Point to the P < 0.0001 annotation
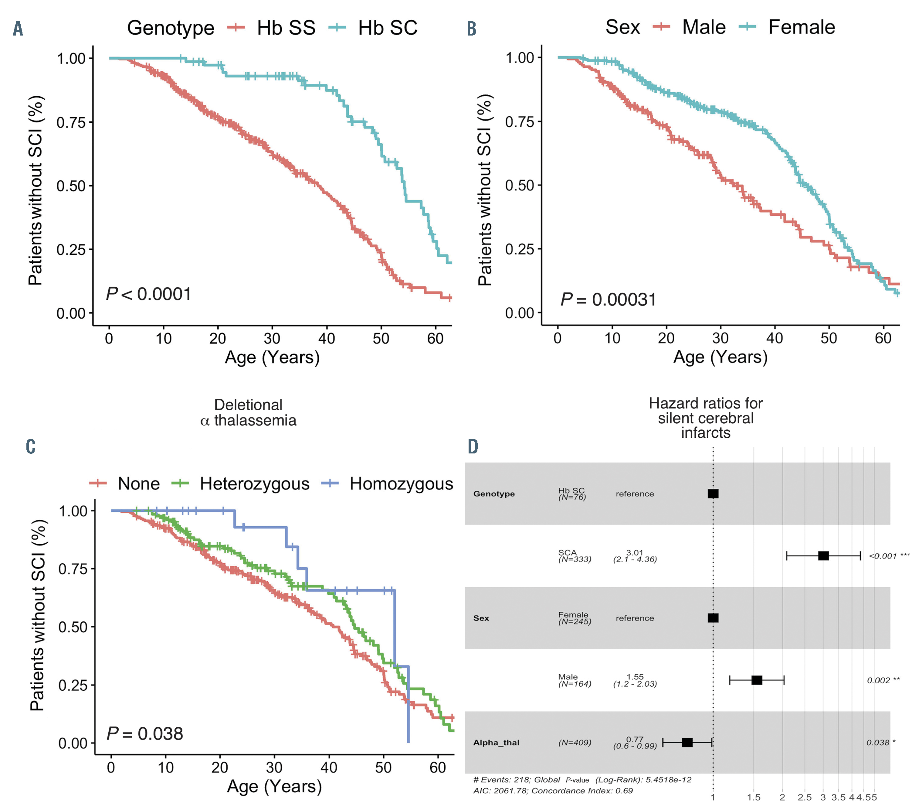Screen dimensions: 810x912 point(149,294)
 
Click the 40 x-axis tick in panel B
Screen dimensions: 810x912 point(775,338)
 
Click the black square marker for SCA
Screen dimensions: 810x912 point(823,556)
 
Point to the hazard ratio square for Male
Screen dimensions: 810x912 point(757,680)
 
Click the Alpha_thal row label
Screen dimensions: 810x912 point(496,743)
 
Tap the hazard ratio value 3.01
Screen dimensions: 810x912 point(635,553)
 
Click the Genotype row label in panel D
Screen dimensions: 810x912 point(494,494)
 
